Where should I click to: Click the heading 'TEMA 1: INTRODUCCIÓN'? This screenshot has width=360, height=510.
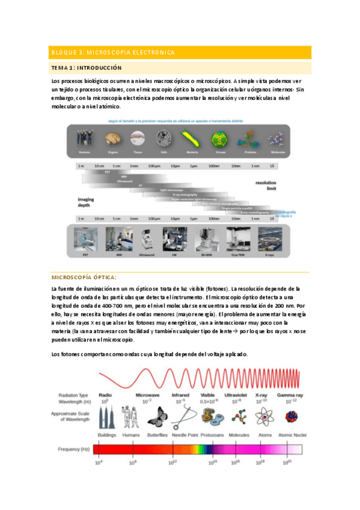click(x=87, y=68)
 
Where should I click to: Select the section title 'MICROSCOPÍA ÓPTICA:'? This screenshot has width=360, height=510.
click(x=84, y=277)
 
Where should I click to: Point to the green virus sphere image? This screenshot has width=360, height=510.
click(x=218, y=140)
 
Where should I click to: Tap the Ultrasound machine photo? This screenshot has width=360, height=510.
click(x=146, y=237)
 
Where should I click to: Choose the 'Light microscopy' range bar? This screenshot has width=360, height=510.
click(x=171, y=190)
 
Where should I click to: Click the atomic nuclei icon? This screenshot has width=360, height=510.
click(x=293, y=416)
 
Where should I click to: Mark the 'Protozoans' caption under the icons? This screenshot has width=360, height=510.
click(x=212, y=433)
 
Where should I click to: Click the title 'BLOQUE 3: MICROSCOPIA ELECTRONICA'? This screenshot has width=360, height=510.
click(x=113, y=53)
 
